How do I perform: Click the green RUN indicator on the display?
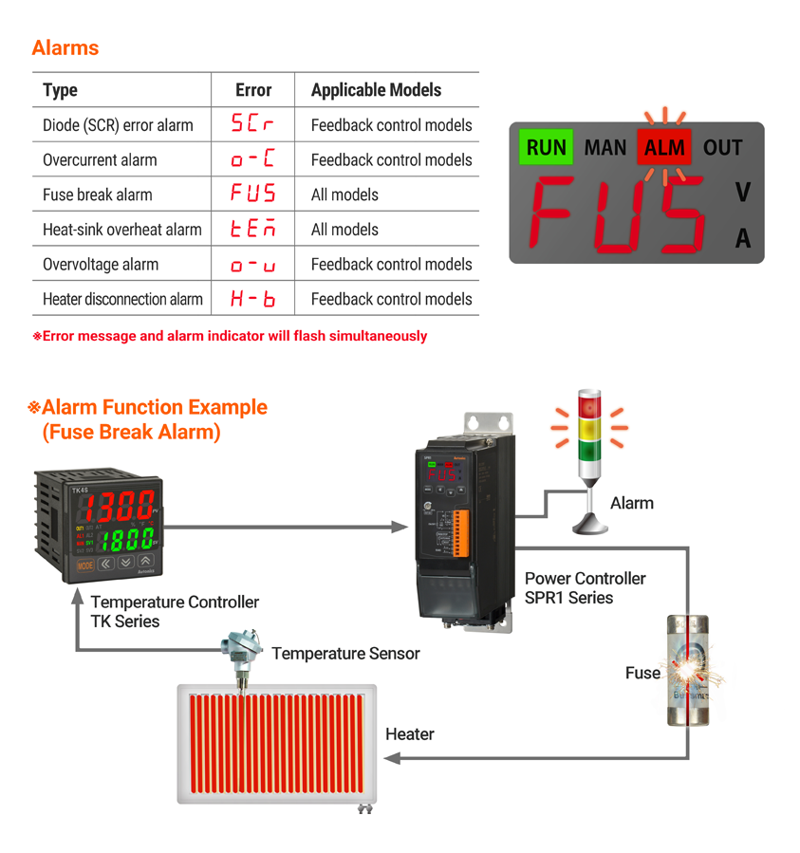pos(546,148)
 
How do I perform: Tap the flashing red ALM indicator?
pos(665,148)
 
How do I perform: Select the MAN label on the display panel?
pos(605,148)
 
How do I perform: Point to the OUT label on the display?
pos(723,148)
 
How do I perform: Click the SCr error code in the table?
pos(252,124)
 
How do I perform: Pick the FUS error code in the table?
pos(252,195)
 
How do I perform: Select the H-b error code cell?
pos(252,299)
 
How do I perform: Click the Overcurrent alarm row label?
pos(100,159)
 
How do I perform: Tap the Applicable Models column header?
pos(376,90)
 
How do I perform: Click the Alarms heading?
pos(65,47)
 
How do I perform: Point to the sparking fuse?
pos(689,672)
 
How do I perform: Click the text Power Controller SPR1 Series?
pos(585,587)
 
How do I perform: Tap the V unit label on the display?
pos(742,193)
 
